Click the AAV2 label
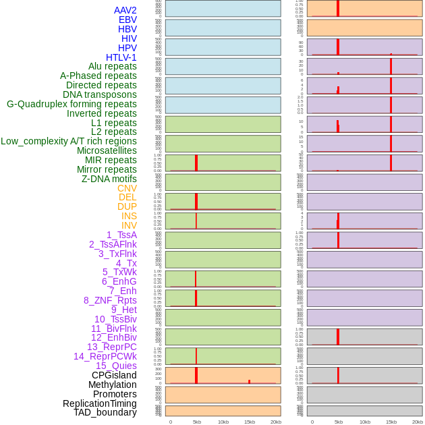click(x=125, y=10)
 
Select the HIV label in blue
click(x=128, y=38)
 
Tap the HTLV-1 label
click(x=121, y=57)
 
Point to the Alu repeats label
click(x=112, y=66)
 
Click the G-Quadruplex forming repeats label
click(x=72, y=104)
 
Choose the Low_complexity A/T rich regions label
click(x=69, y=141)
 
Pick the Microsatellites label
click(x=107, y=150)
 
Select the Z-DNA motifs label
click(x=109, y=179)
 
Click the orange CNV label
click(x=127, y=188)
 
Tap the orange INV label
click(x=129, y=225)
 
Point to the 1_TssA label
click(x=121, y=235)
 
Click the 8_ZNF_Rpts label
click(x=110, y=300)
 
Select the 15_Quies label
click(x=115, y=366)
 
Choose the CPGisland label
click(x=114, y=375)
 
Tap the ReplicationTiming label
click(x=100, y=403)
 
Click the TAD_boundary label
click(x=105, y=412)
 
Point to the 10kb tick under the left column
click(x=223, y=422)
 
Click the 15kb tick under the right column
click(x=391, y=422)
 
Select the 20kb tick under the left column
click(x=276, y=422)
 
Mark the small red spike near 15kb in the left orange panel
click(x=249, y=381)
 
